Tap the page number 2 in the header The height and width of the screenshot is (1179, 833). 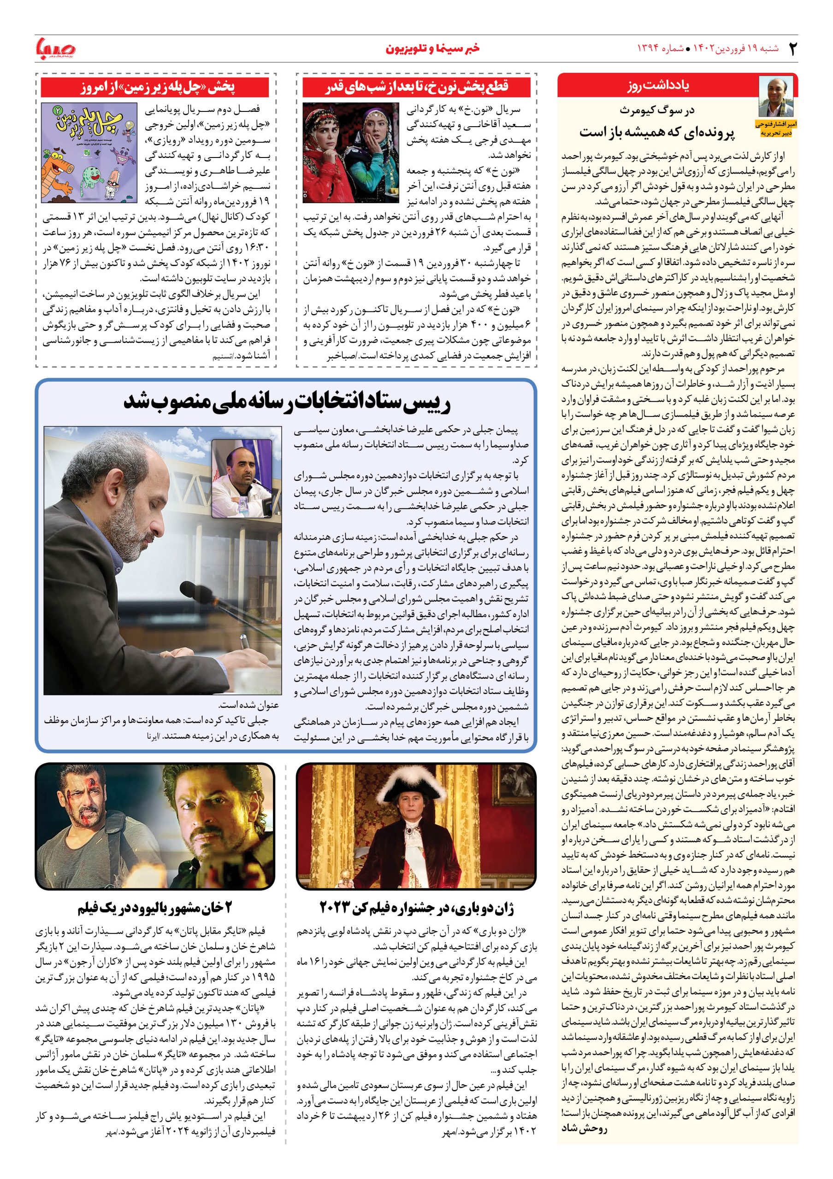click(x=792, y=48)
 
